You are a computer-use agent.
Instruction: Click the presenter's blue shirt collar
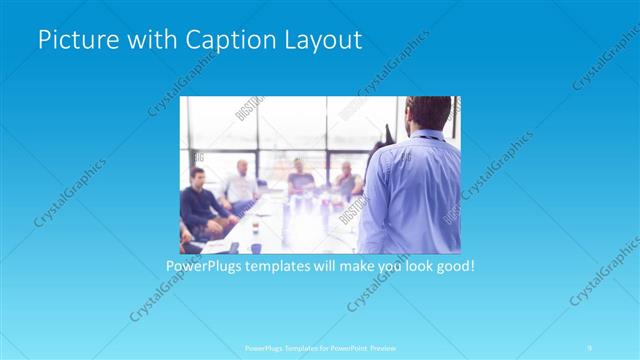click(x=430, y=136)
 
